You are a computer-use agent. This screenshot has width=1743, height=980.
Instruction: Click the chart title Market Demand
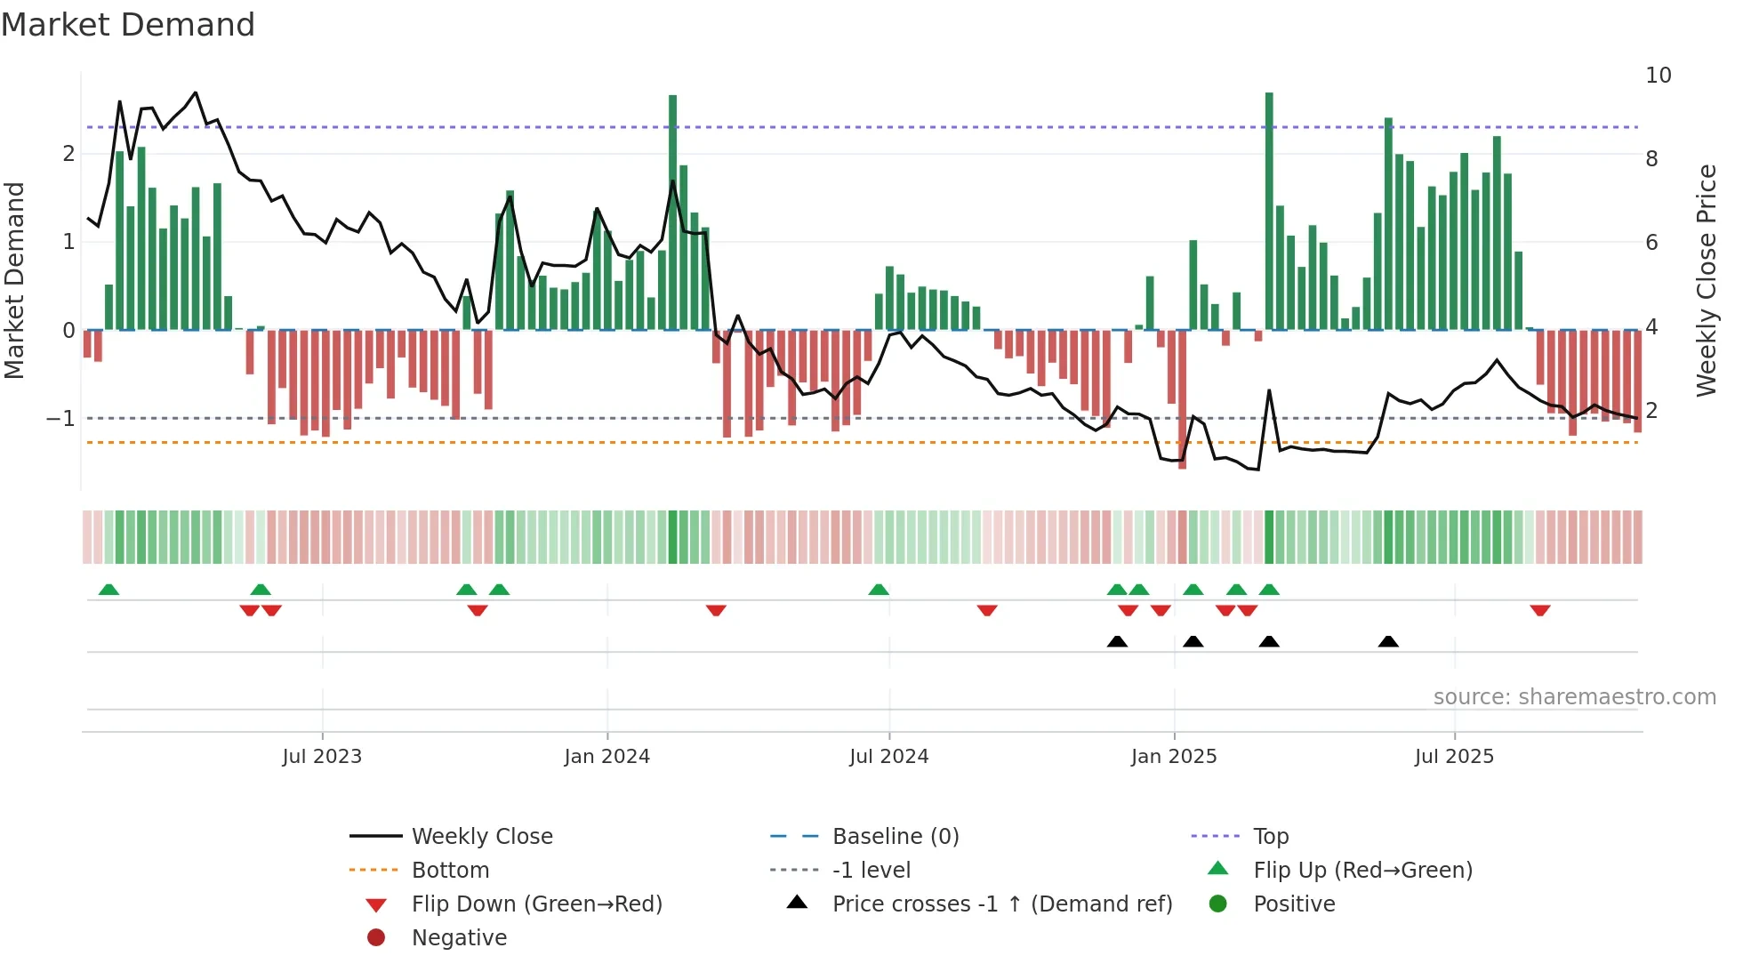point(128,25)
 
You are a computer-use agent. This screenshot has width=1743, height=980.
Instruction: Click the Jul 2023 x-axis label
point(322,757)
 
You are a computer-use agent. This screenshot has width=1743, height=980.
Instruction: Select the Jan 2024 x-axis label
point(606,757)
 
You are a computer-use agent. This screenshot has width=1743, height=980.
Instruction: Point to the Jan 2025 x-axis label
point(1173,757)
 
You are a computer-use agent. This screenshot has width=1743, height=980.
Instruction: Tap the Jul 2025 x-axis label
point(1454,757)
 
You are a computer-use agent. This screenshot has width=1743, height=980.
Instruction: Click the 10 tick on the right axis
point(1658,76)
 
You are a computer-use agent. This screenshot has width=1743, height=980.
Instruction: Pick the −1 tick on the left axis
point(61,418)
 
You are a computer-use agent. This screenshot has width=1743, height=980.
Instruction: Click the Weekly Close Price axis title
point(1706,280)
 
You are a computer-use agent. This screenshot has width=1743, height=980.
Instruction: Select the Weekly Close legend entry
point(481,837)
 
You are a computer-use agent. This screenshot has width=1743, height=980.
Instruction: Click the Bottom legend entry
point(450,871)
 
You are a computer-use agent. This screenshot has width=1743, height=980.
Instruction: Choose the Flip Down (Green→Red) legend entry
point(536,904)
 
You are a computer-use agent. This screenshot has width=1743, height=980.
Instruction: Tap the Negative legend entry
point(459,938)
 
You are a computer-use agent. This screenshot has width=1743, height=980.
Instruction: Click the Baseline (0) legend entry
point(895,837)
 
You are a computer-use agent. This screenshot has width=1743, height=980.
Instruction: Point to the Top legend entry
point(1270,837)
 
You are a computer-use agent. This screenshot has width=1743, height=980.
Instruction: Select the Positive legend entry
point(1294,904)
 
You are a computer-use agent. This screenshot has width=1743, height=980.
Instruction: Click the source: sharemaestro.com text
point(1574,697)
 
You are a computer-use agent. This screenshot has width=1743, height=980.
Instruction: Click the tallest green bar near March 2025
point(1269,211)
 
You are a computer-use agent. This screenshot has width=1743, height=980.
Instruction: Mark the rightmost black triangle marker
point(1388,642)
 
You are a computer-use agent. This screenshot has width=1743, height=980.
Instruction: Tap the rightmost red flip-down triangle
point(1540,610)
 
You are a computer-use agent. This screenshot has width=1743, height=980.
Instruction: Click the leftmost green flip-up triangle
point(108,590)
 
